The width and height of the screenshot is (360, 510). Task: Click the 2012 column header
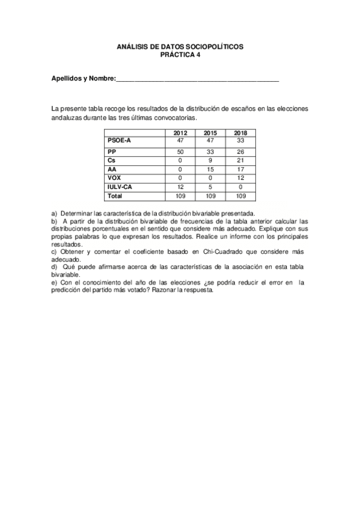[180, 132]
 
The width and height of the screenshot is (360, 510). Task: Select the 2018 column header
[240, 132]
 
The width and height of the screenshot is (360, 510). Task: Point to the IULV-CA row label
[120, 187]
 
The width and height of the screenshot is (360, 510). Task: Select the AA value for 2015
[210, 169]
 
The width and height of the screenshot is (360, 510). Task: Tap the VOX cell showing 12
[240, 178]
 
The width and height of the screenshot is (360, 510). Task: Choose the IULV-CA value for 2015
[210, 187]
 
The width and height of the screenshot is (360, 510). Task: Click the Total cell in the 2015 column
[210, 196]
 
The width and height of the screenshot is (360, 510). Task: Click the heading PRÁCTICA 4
[180, 54]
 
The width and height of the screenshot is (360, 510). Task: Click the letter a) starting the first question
[55, 214]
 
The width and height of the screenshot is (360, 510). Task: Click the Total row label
[115, 196]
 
